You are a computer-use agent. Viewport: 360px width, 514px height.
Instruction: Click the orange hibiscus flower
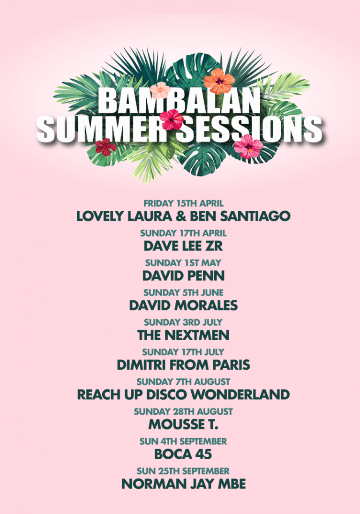(x=219, y=81)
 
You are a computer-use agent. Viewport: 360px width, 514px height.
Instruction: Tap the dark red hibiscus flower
(x=105, y=147)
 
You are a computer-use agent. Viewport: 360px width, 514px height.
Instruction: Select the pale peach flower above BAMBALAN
(x=160, y=90)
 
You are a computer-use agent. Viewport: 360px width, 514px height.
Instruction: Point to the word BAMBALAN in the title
(x=180, y=101)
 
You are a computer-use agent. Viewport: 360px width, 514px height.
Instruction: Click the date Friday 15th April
(x=184, y=203)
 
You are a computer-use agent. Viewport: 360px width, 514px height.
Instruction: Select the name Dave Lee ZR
(x=183, y=246)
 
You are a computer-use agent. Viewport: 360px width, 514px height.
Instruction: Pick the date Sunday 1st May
(x=183, y=263)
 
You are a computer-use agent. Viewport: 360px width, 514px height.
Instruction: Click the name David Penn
(x=184, y=276)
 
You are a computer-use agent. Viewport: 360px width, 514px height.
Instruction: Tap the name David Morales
(x=184, y=305)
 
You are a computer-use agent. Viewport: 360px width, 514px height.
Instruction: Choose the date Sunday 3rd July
(x=183, y=322)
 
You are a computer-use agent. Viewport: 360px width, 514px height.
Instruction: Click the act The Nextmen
(x=184, y=335)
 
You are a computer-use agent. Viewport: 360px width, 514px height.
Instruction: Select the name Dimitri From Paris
(x=184, y=365)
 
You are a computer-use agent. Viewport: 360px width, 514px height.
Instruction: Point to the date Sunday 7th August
(x=184, y=382)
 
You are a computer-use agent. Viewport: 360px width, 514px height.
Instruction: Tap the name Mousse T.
(x=183, y=424)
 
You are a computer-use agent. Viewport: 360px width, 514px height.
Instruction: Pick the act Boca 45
(x=183, y=454)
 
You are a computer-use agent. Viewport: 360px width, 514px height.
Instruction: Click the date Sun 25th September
(x=183, y=471)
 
